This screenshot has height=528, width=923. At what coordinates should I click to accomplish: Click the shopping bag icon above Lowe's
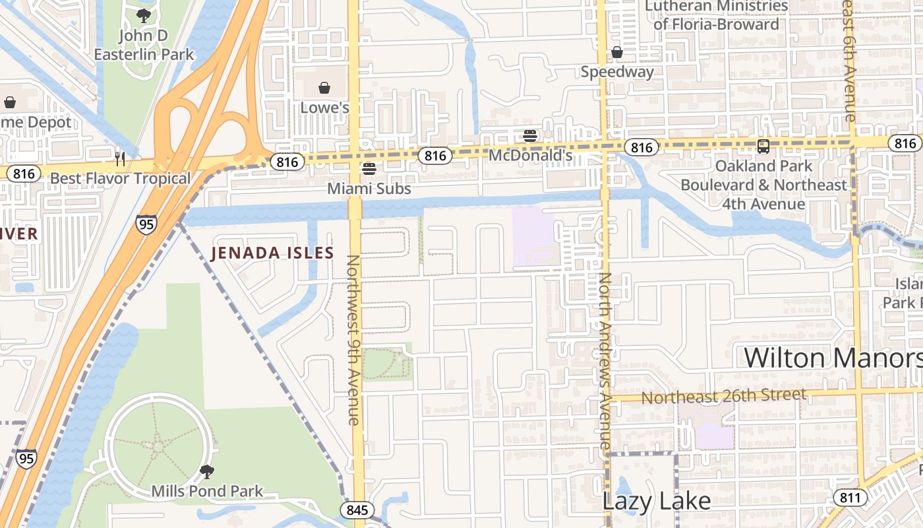tap(324, 88)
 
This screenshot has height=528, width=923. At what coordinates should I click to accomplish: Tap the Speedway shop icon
tap(617, 52)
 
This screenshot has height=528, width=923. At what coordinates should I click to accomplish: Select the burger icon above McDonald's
tap(530, 136)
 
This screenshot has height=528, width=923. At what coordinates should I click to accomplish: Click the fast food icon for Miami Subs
tap(369, 169)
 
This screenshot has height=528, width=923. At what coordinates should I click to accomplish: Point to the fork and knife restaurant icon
tap(120, 158)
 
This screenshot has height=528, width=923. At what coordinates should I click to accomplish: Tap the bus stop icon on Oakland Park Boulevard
tap(763, 147)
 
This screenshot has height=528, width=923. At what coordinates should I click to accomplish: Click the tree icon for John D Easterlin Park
tap(144, 15)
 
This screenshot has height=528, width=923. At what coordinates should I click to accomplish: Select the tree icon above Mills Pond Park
tap(207, 471)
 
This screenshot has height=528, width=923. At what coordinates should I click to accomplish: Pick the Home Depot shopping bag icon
tap(10, 102)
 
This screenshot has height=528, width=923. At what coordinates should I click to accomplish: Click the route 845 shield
tap(357, 510)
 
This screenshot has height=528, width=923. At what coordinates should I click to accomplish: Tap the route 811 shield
tap(850, 497)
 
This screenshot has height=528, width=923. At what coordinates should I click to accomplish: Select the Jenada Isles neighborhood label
tap(272, 253)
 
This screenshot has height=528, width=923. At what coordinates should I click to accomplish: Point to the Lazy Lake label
tap(656, 501)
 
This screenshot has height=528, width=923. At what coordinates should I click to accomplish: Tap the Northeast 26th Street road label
tap(723, 397)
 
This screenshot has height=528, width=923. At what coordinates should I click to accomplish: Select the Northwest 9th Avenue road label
tap(353, 340)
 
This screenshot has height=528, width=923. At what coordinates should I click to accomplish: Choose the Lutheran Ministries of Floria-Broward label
tap(716, 15)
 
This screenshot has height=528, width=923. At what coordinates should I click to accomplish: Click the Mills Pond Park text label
tap(207, 491)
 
